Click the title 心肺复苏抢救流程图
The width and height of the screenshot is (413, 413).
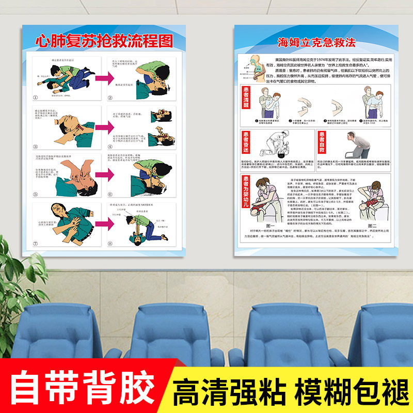(x=103, y=41)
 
